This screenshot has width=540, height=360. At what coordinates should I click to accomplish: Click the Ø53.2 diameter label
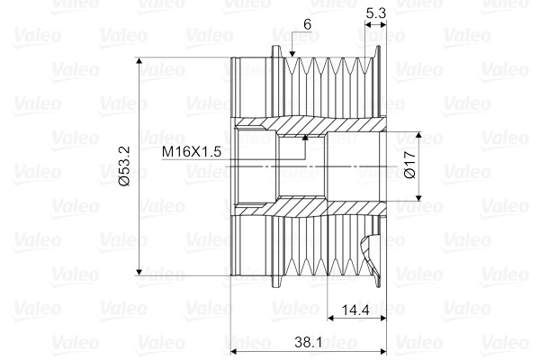[124, 166]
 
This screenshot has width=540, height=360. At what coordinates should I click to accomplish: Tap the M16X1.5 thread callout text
[192, 151]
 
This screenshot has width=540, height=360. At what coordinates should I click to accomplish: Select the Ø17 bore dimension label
[410, 165]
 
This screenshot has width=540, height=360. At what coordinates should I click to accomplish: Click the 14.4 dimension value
[355, 310]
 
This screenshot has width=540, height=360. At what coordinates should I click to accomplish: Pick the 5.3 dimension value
[375, 13]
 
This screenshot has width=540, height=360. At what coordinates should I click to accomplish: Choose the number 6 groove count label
[307, 24]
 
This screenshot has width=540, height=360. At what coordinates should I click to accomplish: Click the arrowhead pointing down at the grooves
[292, 53]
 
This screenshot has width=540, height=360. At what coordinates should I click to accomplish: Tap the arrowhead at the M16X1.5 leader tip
[305, 137]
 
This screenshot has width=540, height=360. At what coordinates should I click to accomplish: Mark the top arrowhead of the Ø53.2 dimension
[139, 61]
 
